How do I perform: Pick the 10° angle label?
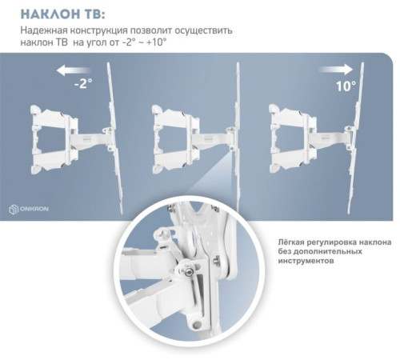click(x=346, y=86)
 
